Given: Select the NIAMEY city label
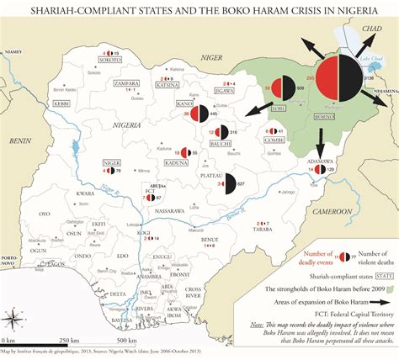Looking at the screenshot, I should [12, 50].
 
